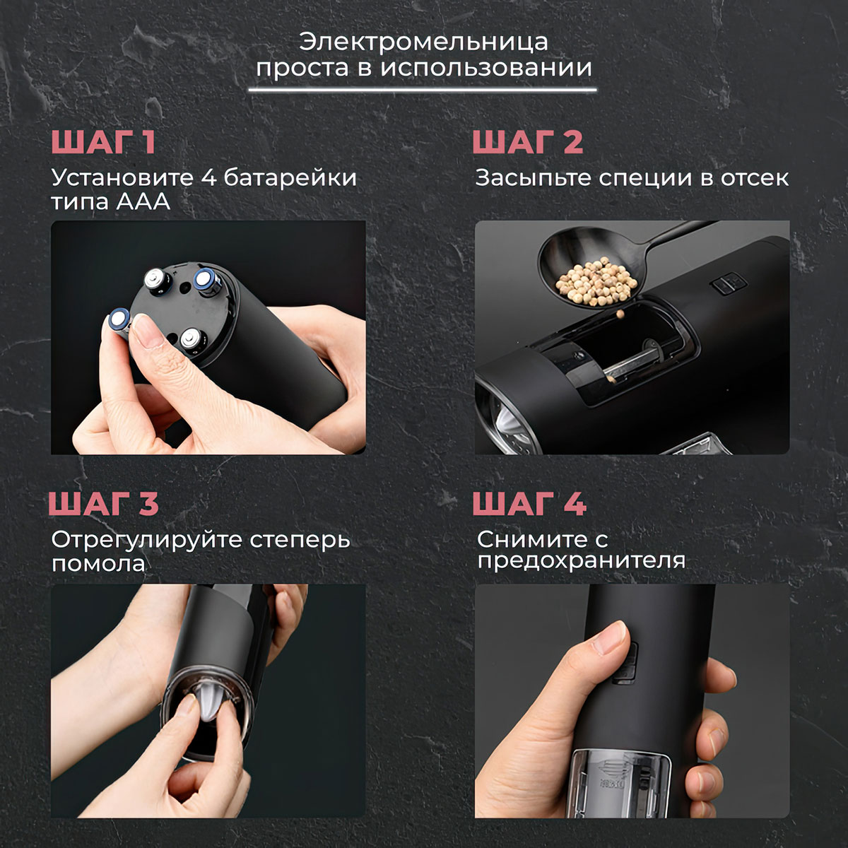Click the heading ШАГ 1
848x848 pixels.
tap(103, 142)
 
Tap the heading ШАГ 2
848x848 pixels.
tap(528, 142)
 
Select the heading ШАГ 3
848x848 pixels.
tap(103, 503)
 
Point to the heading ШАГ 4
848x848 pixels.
tap(529, 503)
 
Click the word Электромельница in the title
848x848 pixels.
tap(423, 42)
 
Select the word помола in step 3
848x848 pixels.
tap(98, 564)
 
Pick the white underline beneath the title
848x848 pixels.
tap(423, 90)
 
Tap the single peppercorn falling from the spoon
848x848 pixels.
tap(620, 314)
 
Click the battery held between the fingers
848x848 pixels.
tap(119, 322)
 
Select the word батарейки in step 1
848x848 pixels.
tap(290, 178)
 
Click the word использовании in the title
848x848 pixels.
tap(485, 69)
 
